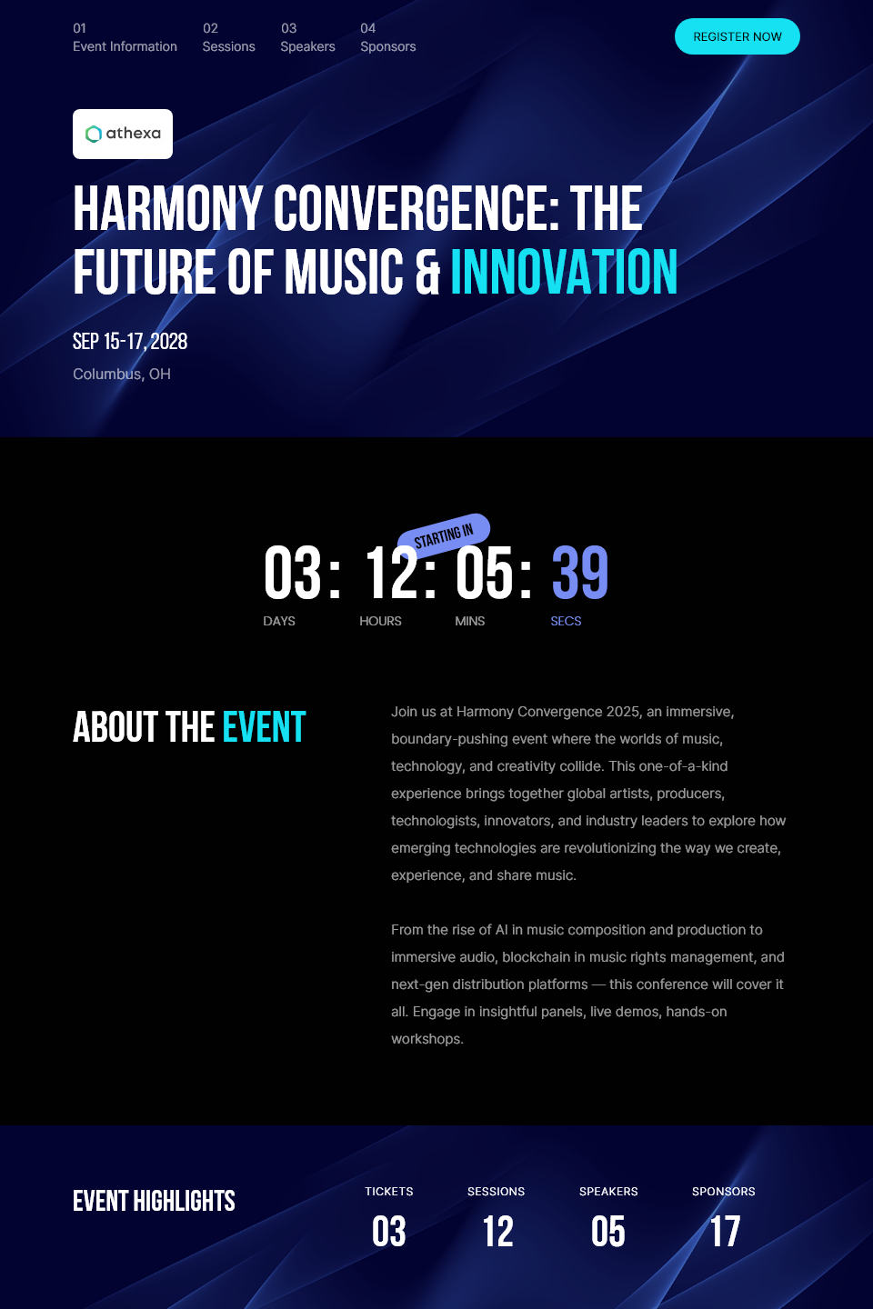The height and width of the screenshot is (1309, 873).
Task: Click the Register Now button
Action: click(x=737, y=36)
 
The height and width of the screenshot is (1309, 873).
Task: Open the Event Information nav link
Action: click(x=125, y=37)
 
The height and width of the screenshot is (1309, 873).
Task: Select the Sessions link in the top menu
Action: click(x=228, y=37)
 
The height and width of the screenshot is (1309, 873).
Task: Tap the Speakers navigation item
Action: click(x=307, y=37)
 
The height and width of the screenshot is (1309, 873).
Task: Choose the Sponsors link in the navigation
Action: click(x=387, y=37)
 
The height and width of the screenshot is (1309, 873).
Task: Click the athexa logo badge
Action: click(x=122, y=134)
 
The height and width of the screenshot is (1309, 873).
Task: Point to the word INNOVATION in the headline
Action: click(x=564, y=271)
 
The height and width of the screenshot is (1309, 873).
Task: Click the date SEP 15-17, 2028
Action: click(x=130, y=341)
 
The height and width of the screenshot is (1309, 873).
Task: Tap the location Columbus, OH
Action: click(x=122, y=374)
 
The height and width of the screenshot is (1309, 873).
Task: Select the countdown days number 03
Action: click(x=293, y=573)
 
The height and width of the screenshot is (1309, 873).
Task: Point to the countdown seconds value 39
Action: click(x=580, y=573)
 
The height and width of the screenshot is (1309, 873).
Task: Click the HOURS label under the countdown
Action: click(x=380, y=621)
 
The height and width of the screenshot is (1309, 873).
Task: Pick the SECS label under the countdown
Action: click(x=566, y=621)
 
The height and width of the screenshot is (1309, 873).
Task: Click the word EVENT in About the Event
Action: click(x=264, y=727)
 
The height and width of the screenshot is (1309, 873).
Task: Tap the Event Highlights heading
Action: click(x=154, y=1202)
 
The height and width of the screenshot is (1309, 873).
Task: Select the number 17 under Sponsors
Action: click(x=725, y=1231)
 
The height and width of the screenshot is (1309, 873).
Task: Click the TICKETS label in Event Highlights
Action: click(x=389, y=1192)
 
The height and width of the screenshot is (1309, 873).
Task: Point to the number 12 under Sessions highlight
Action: click(x=497, y=1231)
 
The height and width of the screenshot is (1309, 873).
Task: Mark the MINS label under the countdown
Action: click(x=469, y=621)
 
